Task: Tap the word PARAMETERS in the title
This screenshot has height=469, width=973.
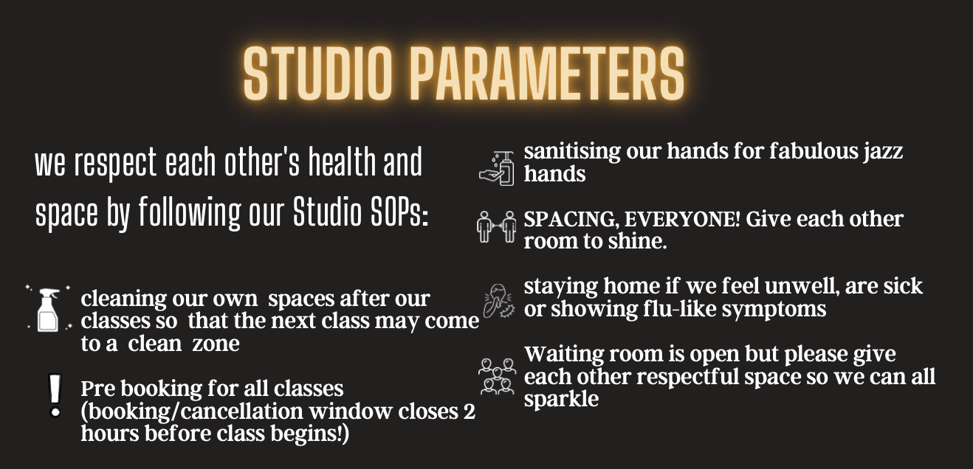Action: (547, 72)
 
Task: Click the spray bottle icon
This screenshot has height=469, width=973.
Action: (48, 309)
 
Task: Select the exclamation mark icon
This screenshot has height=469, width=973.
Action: (55, 396)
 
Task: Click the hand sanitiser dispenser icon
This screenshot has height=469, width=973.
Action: (497, 168)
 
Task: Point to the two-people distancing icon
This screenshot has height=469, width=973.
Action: (497, 226)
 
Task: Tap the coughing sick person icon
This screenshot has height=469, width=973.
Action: (499, 301)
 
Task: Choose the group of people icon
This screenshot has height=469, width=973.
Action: (498, 376)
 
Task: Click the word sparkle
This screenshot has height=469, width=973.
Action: (561, 399)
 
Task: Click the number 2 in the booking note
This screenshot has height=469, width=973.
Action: (469, 411)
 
